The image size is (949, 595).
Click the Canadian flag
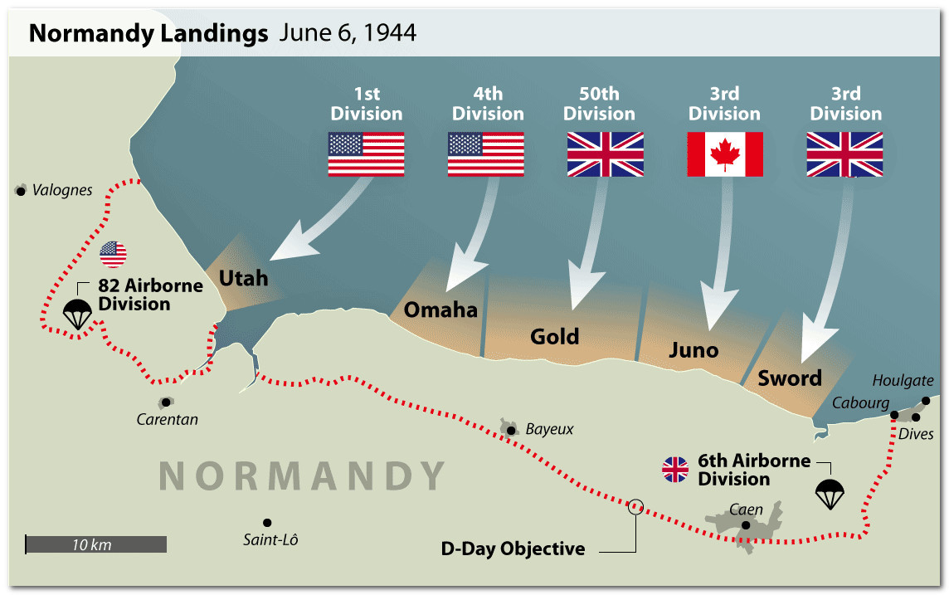tap(725, 154)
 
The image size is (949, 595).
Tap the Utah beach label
tap(243, 277)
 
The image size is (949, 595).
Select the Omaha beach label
tap(440, 310)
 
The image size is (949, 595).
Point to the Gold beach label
tap(555, 336)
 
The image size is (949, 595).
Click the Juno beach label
tap(693, 350)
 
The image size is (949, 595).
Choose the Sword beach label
tap(790, 378)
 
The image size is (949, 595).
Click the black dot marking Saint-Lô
tap(267, 522)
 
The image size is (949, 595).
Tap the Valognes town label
tap(62, 191)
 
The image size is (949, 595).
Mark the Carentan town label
tap(168, 419)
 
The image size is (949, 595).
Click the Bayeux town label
tap(549, 430)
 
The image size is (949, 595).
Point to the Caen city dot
tap(746, 524)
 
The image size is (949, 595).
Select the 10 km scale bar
tap(95, 544)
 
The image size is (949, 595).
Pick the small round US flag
tap(113, 254)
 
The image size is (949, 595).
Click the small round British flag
tap(675, 470)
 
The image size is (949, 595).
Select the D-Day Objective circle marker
tap(635, 505)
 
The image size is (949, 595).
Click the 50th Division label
tap(599, 104)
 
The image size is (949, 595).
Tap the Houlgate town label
tap(903, 380)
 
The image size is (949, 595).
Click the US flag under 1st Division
tap(366, 154)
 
